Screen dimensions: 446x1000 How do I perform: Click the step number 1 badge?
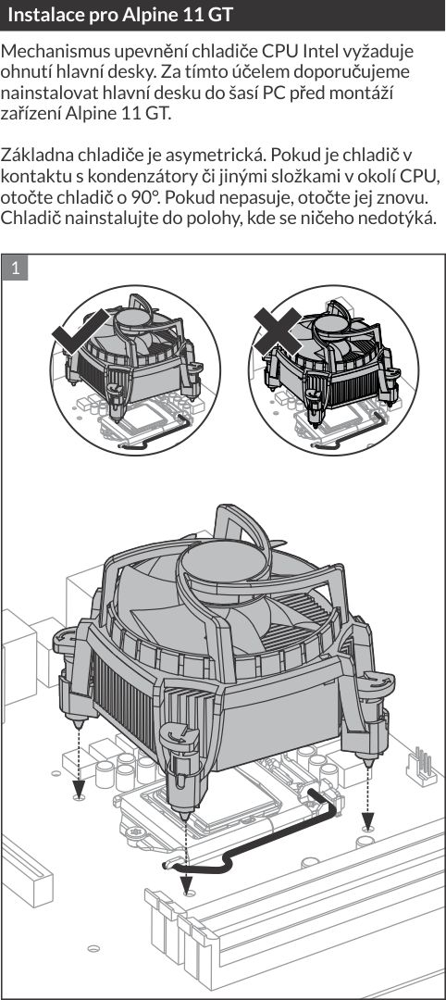coord(16,268)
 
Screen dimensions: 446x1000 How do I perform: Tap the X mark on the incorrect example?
coord(278,331)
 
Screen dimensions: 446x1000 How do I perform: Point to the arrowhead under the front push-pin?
coord(185,884)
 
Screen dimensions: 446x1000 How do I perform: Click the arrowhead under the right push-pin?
coord(367,818)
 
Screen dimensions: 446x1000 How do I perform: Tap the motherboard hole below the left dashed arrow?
coord(79,796)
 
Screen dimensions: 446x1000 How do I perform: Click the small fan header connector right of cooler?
coord(420,766)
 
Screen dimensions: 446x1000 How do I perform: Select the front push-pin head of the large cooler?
coord(180,736)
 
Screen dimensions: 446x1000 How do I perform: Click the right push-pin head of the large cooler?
coord(375,681)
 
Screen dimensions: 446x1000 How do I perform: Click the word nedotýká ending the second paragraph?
coord(401,218)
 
